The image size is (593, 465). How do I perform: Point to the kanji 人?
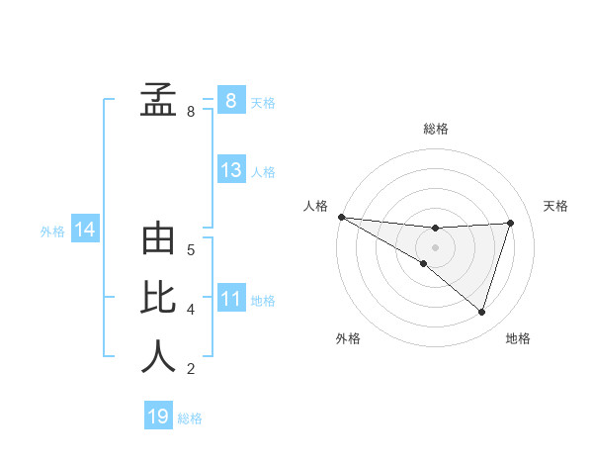[x=159, y=356]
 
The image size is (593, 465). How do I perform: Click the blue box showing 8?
[x=230, y=100]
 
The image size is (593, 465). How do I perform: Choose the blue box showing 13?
[x=231, y=170]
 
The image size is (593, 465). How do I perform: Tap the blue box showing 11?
[x=231, y=298]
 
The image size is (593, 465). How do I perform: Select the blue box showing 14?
[x=84, y=231]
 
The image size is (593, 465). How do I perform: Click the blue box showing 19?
[x=158, y=417]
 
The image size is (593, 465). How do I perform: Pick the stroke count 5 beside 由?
[x=190, y=249]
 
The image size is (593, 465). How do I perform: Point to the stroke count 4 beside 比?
[x=190, y=310]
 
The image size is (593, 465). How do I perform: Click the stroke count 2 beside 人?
[x=190, y=369]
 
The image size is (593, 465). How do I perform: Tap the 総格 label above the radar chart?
[x=435, y=129]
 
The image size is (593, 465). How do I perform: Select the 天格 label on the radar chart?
[x=556, y=206]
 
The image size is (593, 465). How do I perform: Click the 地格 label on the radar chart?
[x=518, y=338]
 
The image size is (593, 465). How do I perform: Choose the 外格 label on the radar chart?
[x=348, y=338]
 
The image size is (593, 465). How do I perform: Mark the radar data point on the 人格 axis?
[x=341, y=216]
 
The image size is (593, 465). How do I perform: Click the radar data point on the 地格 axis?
[x=481, y=312]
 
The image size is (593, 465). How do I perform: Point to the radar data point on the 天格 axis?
[x=510, y=223]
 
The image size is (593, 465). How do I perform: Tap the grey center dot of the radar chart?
[x=435, y=246]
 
